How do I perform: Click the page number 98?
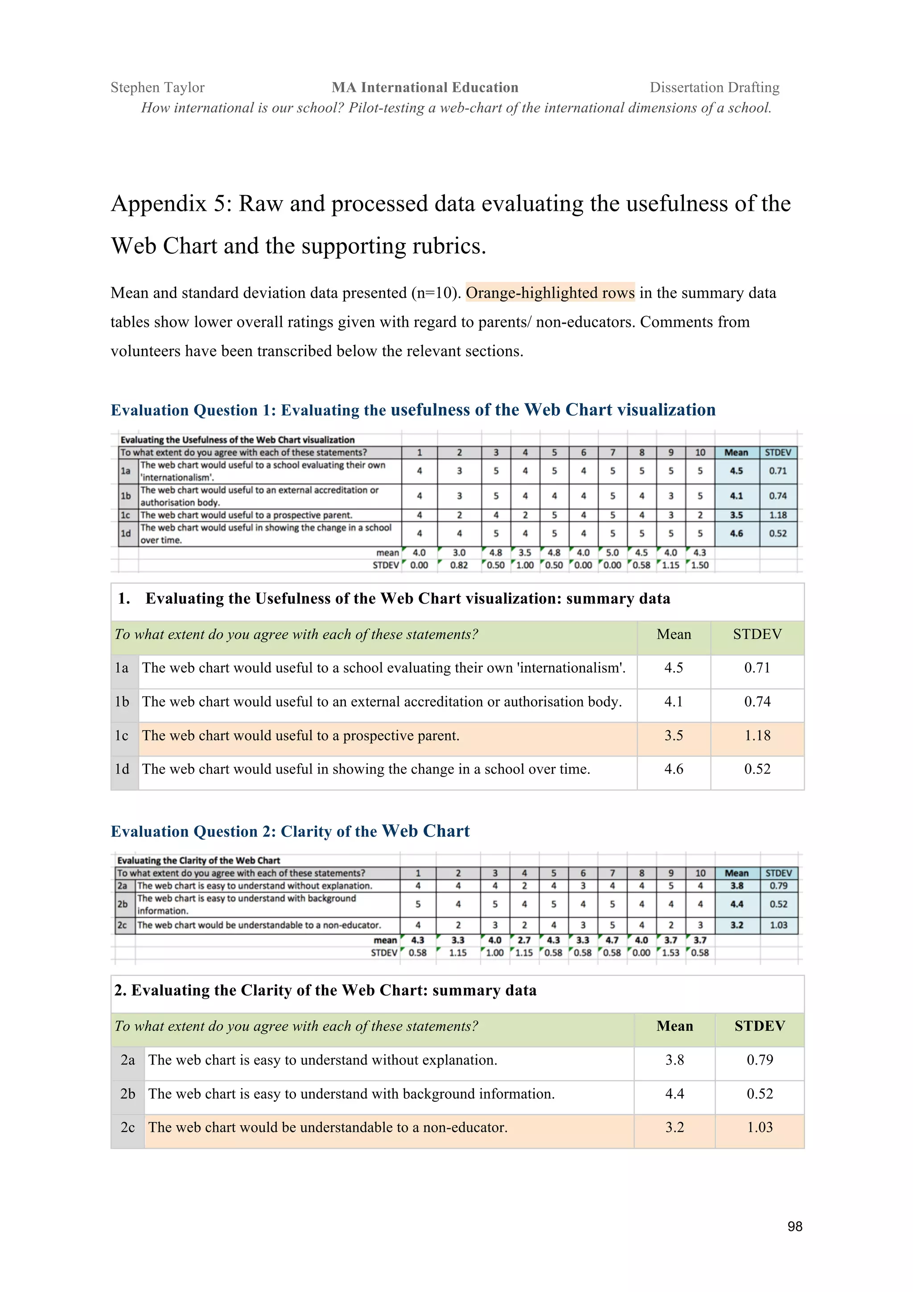point(794,1226)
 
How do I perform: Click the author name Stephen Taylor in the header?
point(157,87)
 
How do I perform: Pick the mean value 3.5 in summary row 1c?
point(673,736)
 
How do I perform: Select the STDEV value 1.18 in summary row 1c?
point(757,736)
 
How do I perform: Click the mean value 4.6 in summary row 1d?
point(673,769)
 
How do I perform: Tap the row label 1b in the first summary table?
point(122,702)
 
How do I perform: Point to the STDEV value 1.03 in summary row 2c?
point(760,1127)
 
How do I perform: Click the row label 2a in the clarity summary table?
point(127,1060)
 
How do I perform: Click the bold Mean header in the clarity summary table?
point(674,1026)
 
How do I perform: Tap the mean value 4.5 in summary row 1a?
point(673,668)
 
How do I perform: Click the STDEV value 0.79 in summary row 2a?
point(760,1060)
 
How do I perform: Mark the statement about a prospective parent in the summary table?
point(300,736)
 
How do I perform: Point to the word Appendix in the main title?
point(158,204)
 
